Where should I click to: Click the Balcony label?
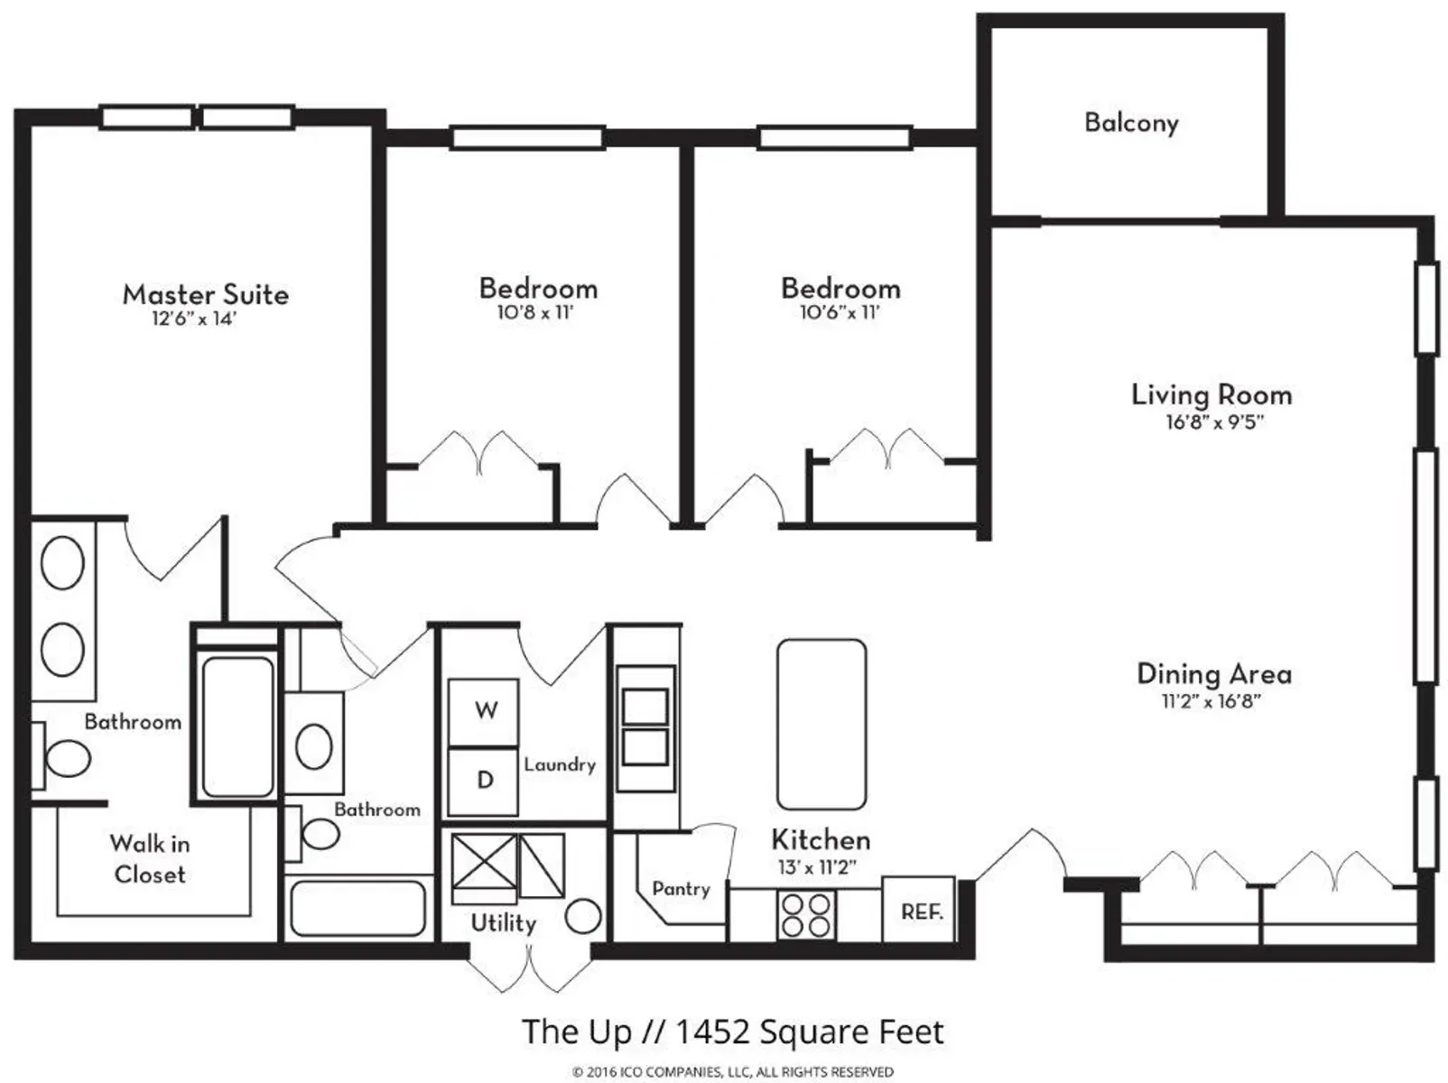pyautogui.click(x=1131, y=124)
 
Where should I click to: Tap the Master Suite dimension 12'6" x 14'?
pyautogui.click(x=194, y=319)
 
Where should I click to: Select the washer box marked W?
pyautogui.click(x=483, y=712)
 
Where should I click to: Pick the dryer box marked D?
pyautogui.click(x=483, y=782)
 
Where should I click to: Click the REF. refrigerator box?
pyautogui.click(x=918, y=910)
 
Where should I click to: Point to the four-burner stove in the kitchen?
pyautogui.click(x=806, y=915)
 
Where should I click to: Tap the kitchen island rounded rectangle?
pyautogui.click(x=821, y=724)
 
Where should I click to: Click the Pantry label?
pyautogui.click(x=681, y=889)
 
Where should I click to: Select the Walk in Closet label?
pyautogui.click(x=149, y=859)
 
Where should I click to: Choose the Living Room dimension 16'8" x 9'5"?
pyautogui.click(x=1214, y=422)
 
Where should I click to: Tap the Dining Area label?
pyautogui.click(x=1214, y=674)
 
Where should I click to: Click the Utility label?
pyautogui.click(x=504, y=923)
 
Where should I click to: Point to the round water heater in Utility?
pyautogui.click(x=583, y=916)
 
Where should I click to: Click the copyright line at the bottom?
pyautogui.click(x=733, y=1072)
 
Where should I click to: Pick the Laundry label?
pyautogui.click(x=560, y=765)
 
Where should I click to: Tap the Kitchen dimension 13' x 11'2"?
pyautogui.click(x=817, y=868)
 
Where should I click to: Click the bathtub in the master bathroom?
pyautogui.click(x=237, y=727)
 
